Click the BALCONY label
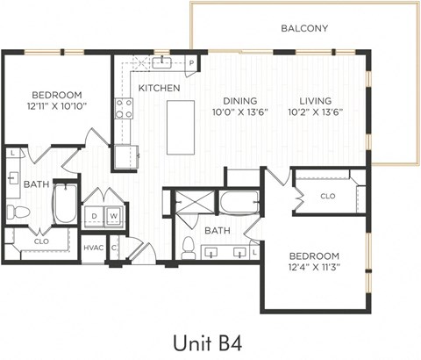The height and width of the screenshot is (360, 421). point(304,28)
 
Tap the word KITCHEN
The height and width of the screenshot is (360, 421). point(159,89)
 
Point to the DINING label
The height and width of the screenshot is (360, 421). point(239,100)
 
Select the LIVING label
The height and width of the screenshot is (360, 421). point(315,100)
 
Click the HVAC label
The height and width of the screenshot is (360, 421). point(93,248)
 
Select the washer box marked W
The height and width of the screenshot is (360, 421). point(114,216)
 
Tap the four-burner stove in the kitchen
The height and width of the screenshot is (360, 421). point(125,108)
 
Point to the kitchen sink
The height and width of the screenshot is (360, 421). point(162,61)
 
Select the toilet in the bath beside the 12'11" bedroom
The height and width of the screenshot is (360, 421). point(17,212)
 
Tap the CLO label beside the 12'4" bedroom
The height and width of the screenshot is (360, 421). point(327,196)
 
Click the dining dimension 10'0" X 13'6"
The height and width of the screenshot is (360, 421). point(239,112)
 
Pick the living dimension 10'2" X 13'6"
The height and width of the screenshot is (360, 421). point(315,112)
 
